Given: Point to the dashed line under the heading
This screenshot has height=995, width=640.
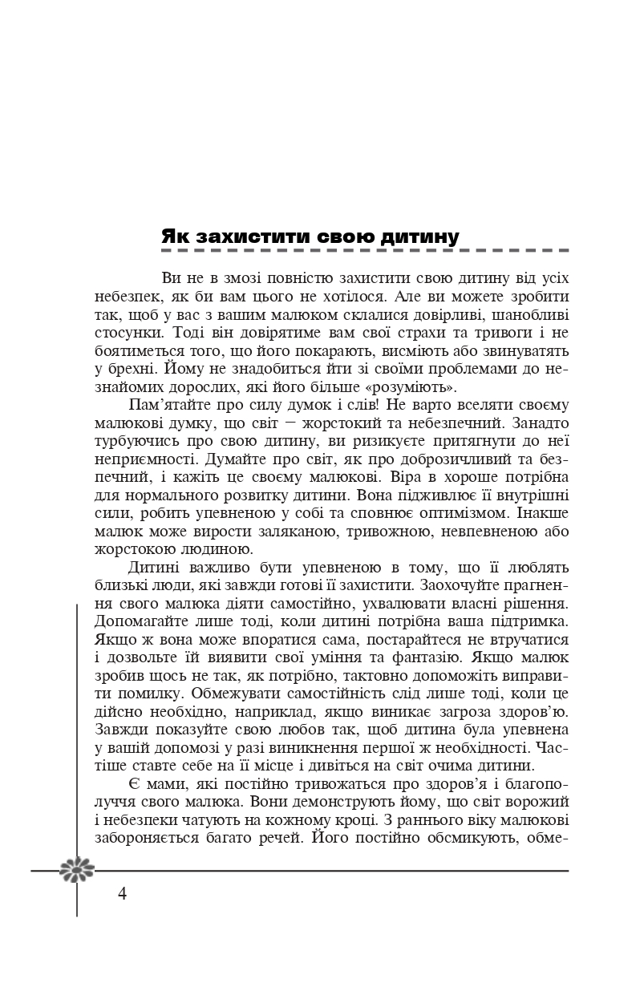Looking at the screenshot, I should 365,251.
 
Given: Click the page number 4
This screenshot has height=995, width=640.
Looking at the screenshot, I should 122,894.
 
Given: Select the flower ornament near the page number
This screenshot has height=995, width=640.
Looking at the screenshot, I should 77,870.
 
